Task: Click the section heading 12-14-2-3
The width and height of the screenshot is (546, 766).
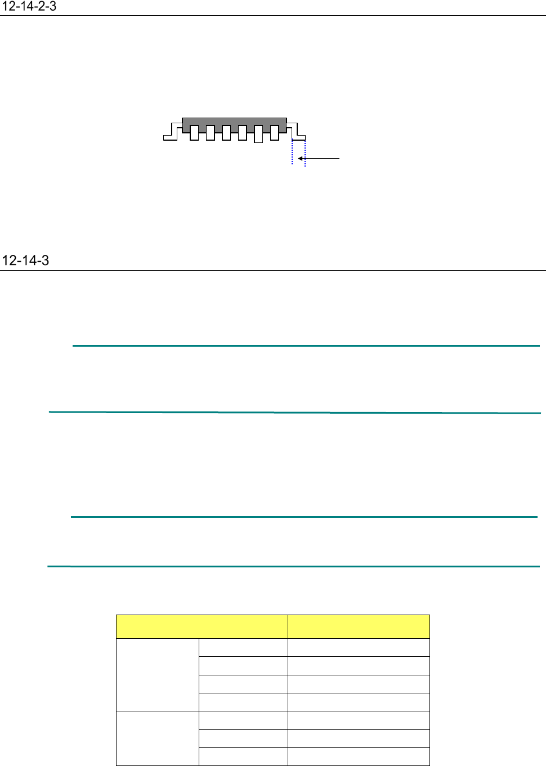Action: point(29,7)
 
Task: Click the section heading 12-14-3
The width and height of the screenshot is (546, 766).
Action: point(26,261)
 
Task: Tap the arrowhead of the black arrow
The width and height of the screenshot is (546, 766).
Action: point(300,158)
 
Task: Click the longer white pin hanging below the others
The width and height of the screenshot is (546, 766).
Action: point(258,134)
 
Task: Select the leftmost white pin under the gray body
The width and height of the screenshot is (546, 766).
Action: point(194,133)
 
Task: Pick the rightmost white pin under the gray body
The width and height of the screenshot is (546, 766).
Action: point(274,133)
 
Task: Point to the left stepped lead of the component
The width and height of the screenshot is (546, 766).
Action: point(173,132)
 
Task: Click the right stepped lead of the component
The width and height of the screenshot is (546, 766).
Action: point(296,132)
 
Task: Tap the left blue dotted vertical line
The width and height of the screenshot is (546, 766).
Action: point(292,152)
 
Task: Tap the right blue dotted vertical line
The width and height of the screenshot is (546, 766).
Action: point(305,153)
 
